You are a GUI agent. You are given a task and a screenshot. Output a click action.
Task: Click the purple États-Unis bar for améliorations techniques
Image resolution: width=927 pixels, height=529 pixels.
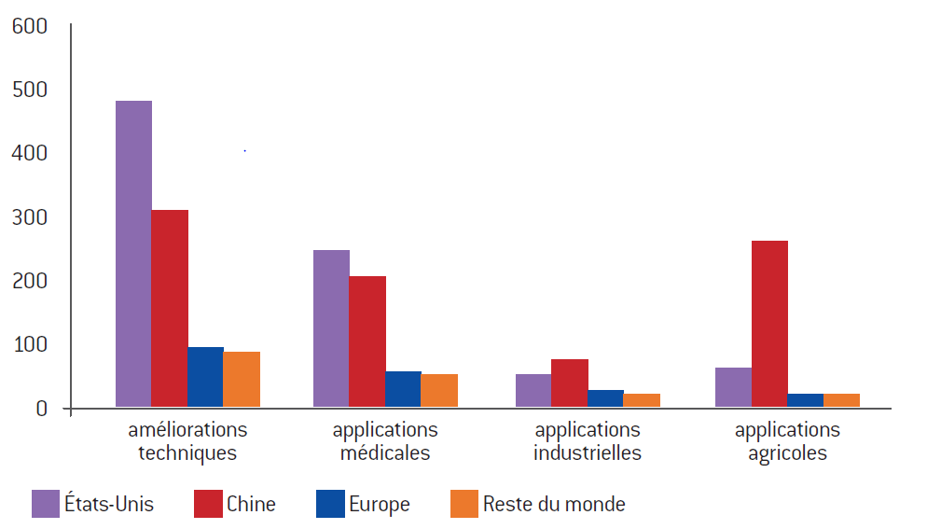133,254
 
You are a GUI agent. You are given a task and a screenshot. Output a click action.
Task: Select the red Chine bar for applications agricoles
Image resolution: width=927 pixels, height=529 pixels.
769,324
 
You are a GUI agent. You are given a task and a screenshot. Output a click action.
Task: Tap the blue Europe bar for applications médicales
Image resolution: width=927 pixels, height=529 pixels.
403,389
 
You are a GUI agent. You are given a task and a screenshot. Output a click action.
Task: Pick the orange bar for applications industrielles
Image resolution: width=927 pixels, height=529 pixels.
642,400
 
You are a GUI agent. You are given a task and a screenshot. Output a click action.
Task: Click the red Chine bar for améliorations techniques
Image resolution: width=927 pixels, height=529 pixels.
170,308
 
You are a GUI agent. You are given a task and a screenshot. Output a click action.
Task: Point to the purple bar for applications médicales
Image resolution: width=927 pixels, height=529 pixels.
331,328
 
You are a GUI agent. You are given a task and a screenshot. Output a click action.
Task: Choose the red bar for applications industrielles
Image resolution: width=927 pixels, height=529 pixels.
569,383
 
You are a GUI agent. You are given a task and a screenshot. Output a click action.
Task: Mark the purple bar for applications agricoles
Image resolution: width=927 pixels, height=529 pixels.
734,387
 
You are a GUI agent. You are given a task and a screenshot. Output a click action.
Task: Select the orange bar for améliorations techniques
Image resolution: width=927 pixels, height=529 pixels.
242,380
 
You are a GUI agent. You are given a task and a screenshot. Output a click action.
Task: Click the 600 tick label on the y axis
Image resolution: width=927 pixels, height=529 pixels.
30,26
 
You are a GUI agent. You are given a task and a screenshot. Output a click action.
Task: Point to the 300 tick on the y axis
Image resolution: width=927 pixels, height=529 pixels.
30,217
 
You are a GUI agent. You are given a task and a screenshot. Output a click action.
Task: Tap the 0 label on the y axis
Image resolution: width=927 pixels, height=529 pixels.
41,409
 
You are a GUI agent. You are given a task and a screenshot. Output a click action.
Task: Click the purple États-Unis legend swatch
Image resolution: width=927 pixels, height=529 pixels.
46,504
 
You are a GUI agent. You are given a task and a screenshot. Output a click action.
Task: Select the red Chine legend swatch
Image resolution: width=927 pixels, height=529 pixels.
208,504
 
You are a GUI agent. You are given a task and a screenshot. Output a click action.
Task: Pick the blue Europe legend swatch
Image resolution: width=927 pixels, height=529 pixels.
330,504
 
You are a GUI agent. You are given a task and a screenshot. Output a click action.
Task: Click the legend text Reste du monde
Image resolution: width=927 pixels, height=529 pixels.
554,504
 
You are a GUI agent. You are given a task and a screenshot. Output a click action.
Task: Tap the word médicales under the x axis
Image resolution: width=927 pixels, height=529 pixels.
385,452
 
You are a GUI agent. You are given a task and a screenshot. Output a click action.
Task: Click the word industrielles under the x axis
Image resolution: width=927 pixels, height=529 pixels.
587,452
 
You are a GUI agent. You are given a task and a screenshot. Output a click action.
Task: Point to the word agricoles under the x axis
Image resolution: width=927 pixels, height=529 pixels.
787,453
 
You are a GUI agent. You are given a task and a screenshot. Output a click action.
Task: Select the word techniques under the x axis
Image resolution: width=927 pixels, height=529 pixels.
187,453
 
